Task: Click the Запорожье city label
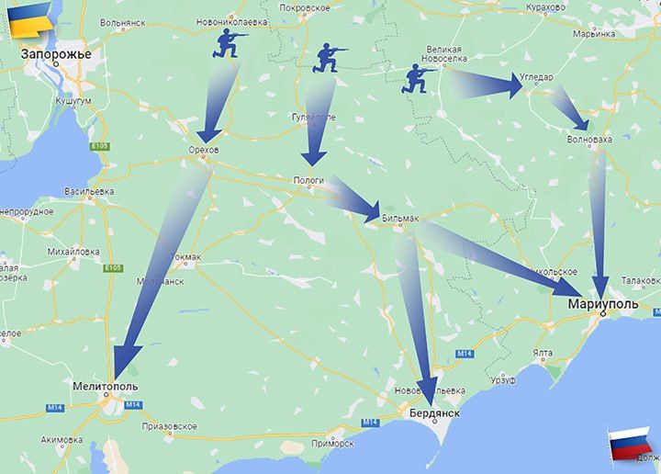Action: pyautogui.click(x=57, y=55)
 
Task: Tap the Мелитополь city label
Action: pyautogui.click(x=106, y=387)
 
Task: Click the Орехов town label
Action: pyautogui.click(x=203, y=149)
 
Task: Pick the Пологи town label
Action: pyautogui.click(x=309, y=180)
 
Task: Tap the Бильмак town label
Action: pyautogui.click(x=400, y=219)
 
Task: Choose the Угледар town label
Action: pyautogui.click(x=537, y=77)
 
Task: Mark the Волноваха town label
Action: pyautogui.click(x=588, y=141)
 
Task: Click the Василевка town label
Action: pyautogui.click(x=89, y=191)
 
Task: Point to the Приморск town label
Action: pyautogui.click(x=332, y=443)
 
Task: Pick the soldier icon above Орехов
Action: pyautogui.click(x=229, y=43)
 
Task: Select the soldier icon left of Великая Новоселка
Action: pyautogui.click(x=420, y=79)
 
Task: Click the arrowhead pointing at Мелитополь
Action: pyautogui.click(x=126, y=362)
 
